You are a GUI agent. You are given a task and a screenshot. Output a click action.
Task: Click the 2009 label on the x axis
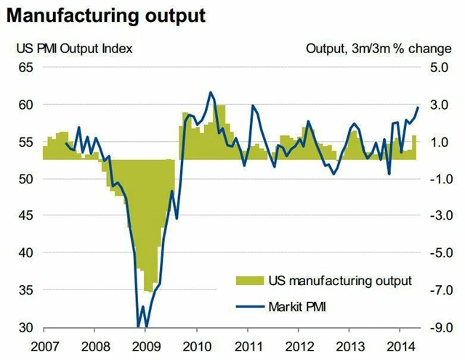[x=145, y=344]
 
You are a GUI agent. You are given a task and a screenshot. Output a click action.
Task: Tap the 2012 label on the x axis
[x=299, y=344]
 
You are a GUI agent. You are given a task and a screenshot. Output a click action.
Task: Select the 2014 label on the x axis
[x=402, y=344]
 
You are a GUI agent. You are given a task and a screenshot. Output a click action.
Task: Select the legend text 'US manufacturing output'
[x=340, y=280]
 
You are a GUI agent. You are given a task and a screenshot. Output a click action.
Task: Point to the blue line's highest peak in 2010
[x=210, y=92]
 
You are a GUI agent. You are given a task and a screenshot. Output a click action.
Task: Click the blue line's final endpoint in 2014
[x=418, y=107]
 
